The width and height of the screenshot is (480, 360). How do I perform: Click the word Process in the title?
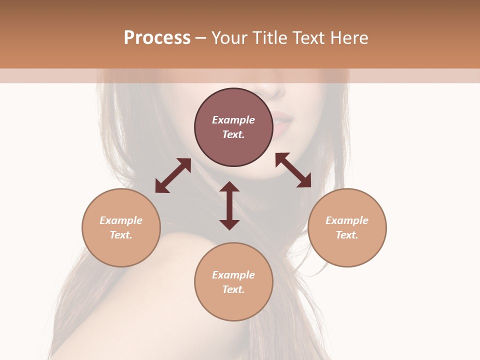point(157,38)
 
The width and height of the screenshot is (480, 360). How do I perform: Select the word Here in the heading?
point(349,38)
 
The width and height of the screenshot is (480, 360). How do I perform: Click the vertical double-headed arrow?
point(229,205)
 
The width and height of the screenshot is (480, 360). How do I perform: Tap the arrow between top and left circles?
point(173,175)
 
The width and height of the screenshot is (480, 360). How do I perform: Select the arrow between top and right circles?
point(293,170)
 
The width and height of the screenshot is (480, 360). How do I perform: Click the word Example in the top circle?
point(233,120)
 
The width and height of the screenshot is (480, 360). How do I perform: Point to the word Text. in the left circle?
point(121,235)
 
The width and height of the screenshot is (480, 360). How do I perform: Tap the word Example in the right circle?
point(347,220)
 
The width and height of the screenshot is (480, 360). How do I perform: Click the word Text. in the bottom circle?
point(233,289)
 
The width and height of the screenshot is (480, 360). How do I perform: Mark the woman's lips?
point(281,123)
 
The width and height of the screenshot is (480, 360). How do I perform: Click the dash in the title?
point(201,38)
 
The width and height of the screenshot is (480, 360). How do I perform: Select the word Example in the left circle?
point(121,220)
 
